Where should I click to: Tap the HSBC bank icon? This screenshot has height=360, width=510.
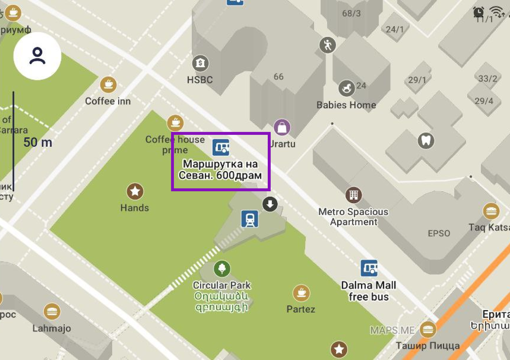(x=200, y=64)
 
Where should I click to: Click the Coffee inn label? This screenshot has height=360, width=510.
(x=108, y=101)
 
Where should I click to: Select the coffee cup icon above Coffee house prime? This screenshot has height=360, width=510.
(x=175, y=123)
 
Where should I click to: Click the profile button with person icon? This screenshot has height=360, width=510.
(x=37, y=56)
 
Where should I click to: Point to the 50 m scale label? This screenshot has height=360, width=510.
(x=38, y=142)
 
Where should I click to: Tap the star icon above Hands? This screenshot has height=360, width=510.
(x=135, y=192)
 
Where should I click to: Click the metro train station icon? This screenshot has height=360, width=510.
(x=249, y=219)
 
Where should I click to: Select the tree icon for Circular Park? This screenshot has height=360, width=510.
(x=222, y=269)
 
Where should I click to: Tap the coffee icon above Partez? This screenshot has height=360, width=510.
(x=301, y=293)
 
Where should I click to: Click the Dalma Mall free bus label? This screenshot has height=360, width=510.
(x=368, y=291)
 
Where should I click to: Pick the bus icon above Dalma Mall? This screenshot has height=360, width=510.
(x=369, y=268)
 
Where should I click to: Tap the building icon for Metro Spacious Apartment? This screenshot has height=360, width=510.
(x=353, y=195)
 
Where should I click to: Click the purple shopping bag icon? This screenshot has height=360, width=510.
(x=282, y=127)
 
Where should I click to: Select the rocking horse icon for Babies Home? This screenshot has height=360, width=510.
(x=346, y=88)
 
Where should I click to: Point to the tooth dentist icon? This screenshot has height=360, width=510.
(x=426, y=140)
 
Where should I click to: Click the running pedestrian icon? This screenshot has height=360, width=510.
(x=327, y=45)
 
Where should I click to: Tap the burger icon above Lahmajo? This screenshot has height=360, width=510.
(x=52, y=311)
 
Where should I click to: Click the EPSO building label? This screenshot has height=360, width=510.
(x=439, y=233)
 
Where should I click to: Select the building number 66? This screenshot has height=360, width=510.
(x=278, y=77)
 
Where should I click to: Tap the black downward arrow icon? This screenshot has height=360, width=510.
(x=269, y=204)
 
